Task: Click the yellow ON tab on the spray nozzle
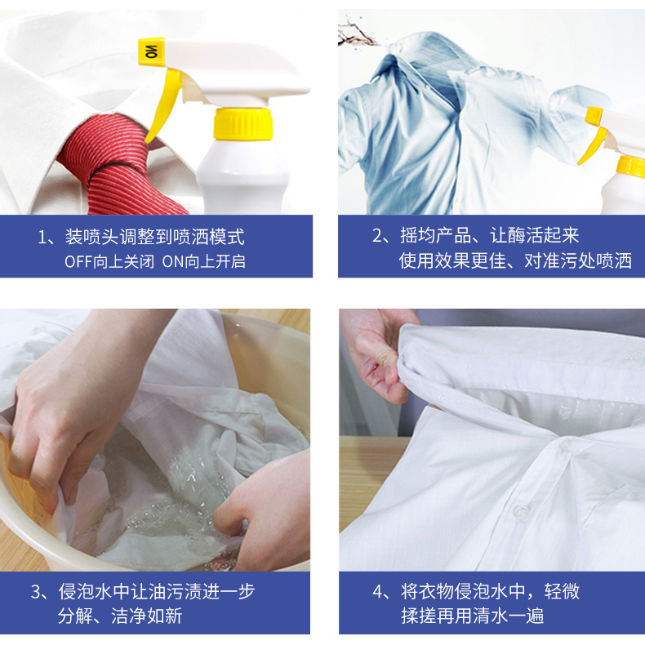coord(151,51)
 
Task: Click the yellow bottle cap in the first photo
coord(242,123)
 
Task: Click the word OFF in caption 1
coord(78,262)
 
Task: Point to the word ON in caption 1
coord(173,262)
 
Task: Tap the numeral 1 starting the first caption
coord(42,238)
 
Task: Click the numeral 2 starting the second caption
coord(376,236)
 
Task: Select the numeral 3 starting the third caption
coord(35,592)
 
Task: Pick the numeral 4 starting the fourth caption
coord(377,592)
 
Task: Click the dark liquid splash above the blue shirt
coord(357,34)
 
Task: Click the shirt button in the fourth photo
coord(519,510)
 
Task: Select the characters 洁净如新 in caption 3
coord(146,616)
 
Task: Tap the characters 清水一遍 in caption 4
coord(508,616)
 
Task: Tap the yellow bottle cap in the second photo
coord(631,166)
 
